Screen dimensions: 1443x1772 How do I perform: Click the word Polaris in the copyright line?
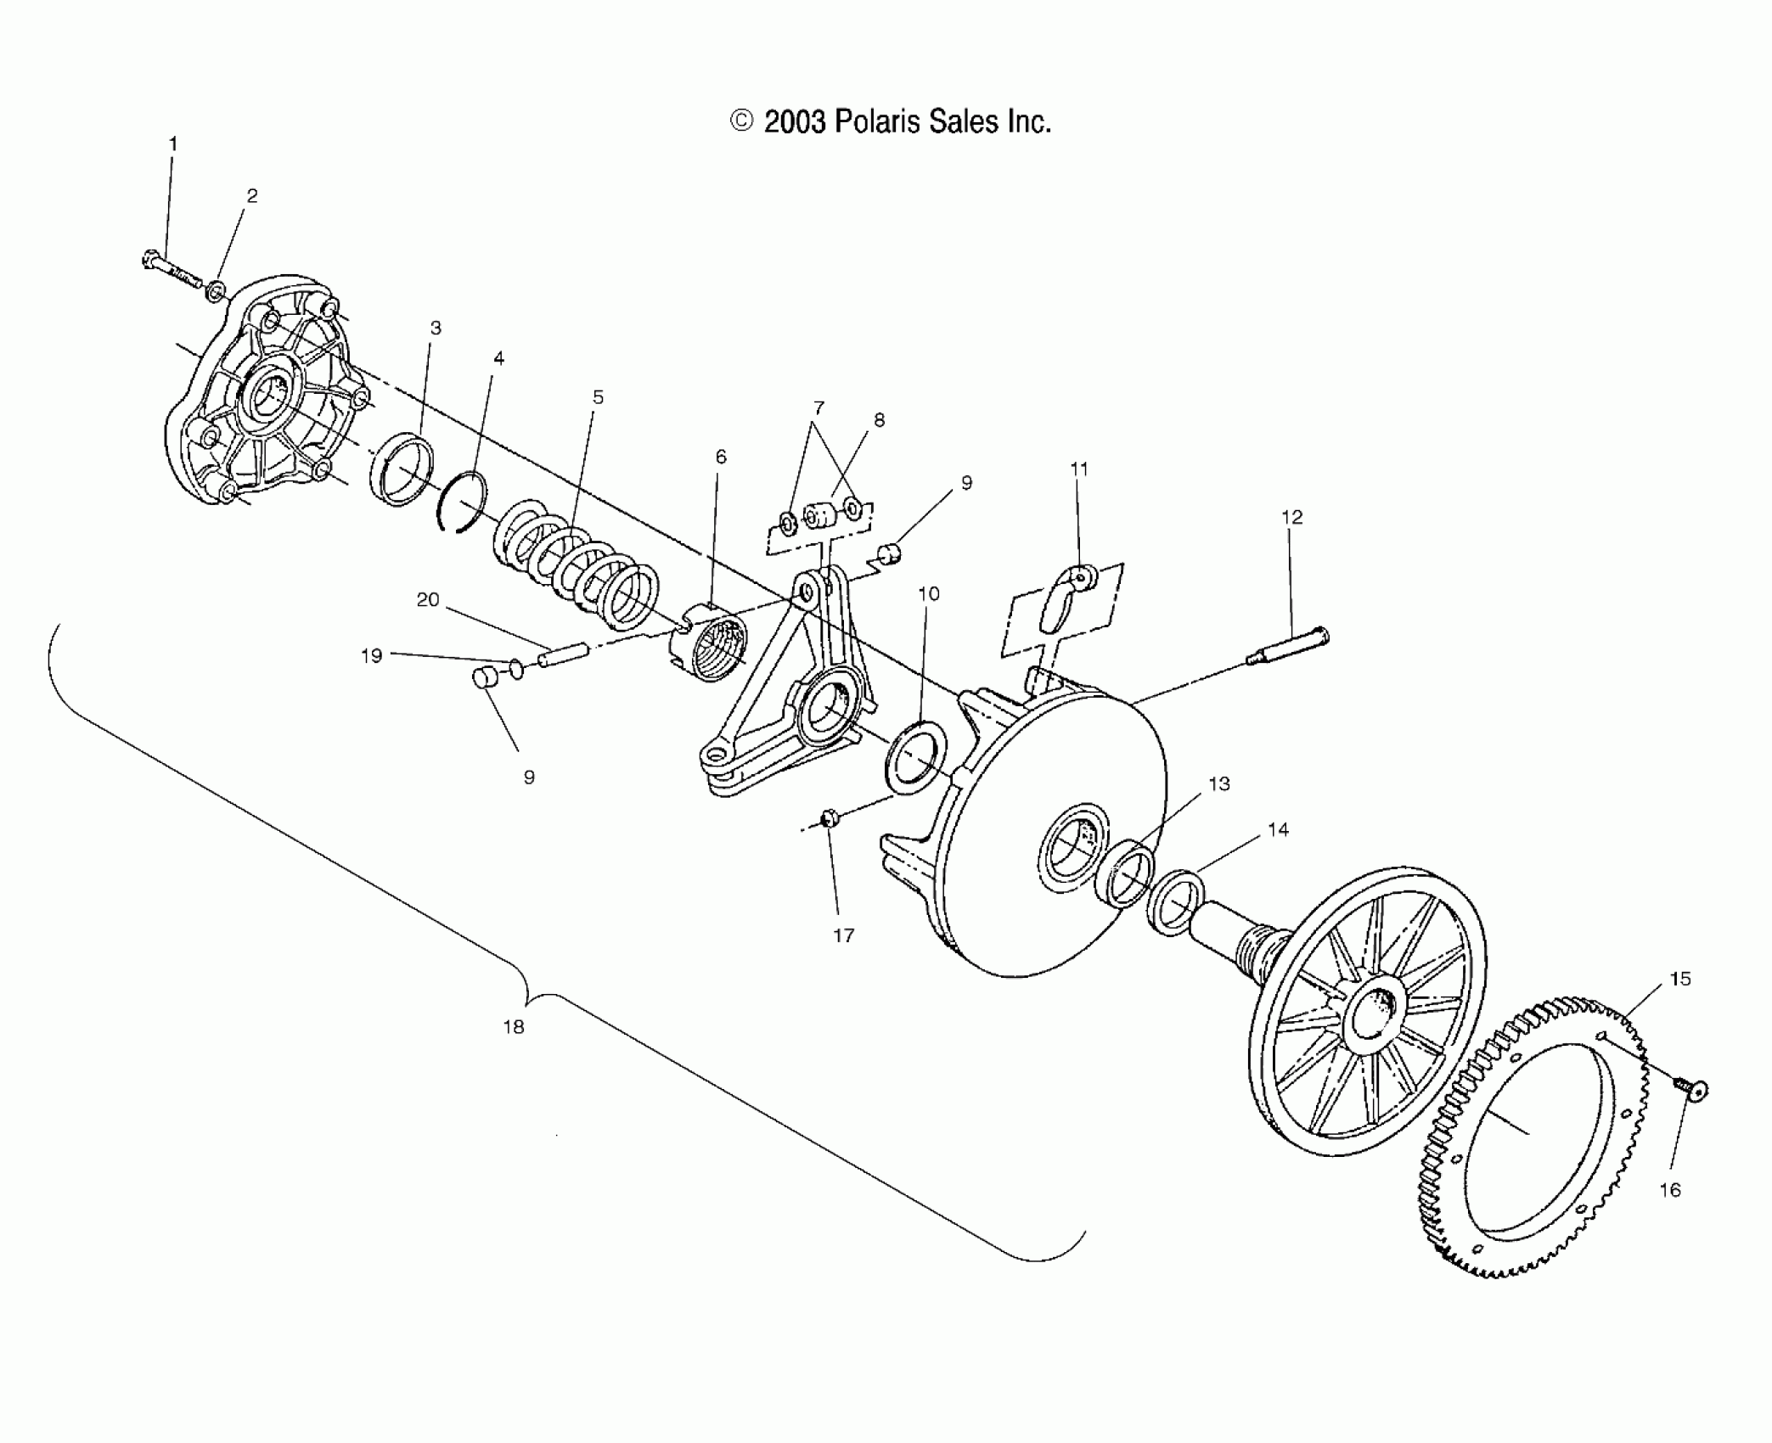click(877, 122)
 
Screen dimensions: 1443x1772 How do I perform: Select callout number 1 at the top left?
click(173, 144)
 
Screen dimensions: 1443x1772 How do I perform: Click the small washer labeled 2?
click(217, 293)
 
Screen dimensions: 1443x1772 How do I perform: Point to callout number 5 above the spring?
click(598, 397)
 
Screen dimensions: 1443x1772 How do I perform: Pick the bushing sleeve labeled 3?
click(402, 469)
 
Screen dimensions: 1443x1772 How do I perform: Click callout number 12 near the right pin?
click(1291, 517)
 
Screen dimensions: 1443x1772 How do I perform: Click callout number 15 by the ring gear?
click(1679, 979)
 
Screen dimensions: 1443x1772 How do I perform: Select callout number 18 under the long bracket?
click(513, 1026)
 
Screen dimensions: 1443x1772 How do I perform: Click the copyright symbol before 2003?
click(741, 122)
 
